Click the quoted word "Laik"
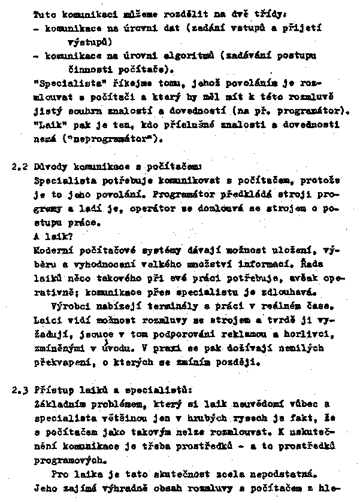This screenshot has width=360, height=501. tap(50, 125)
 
